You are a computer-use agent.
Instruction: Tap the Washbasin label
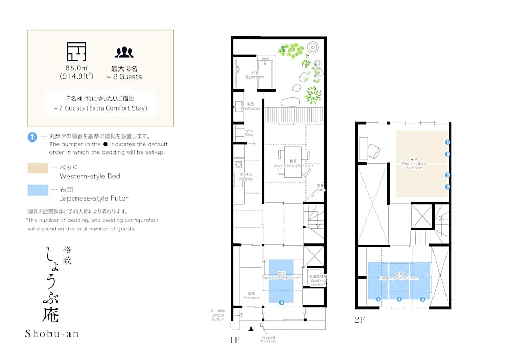click(250, 106)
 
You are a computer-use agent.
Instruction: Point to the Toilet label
click(248, 133)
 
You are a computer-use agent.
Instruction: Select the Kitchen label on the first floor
click(246, 176)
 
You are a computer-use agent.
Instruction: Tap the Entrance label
click(251, 296)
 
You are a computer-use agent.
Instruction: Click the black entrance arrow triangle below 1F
click(251, 329)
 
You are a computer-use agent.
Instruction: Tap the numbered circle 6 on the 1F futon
click(282, 302)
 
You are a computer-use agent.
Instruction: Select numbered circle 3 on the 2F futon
click(378, 299)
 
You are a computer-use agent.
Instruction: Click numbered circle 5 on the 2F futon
click(422, 299)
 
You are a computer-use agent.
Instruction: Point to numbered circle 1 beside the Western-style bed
click(448, 142)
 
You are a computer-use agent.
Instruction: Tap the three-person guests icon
click(124, 52)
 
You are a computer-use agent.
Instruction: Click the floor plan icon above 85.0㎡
click(76, 51)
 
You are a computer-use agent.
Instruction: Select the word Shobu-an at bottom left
click(52, 333)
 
